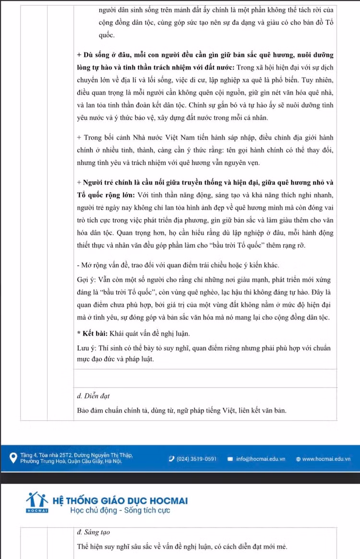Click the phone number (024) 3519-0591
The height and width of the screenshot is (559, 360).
[197, 459]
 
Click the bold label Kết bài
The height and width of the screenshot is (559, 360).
[94, 333]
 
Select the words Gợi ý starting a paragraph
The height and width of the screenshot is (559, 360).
[86, 279]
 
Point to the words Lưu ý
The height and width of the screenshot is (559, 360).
[86, 348]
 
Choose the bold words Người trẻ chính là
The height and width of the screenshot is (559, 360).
[111, 182]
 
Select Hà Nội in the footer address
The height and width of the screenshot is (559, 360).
[113, 462]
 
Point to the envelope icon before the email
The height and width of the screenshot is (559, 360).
[230, 459]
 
